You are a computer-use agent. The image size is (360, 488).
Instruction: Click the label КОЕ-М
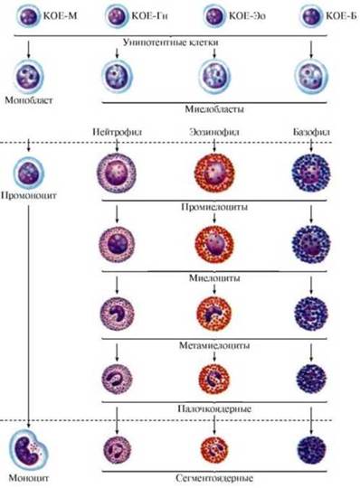click(60, 15)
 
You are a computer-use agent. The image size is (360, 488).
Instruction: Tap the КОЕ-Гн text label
click(149, 15)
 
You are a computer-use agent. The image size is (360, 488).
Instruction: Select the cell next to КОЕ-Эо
click(214, 16)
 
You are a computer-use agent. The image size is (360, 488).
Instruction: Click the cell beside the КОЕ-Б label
click(311, 16)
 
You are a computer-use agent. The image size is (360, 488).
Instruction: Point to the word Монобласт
click(29, 100)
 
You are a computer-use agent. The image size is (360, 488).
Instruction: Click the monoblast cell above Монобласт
click(29, 76)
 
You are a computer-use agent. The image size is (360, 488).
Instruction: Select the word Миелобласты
click(214, 109)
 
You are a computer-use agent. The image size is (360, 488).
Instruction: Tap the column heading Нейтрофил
click(117, 132)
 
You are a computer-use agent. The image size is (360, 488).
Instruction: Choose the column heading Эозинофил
click(214, 132)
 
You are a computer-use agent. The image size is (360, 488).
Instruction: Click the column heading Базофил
click(311, 132)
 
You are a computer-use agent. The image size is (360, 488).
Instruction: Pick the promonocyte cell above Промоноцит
click(28, 173)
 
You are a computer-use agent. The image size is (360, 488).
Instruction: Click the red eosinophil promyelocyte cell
click(214, 173)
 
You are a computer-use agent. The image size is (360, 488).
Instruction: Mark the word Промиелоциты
click(214, 207)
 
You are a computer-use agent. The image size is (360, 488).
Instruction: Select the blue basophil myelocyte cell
click(311, 243)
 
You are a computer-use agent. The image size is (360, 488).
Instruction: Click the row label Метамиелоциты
click(214, 345)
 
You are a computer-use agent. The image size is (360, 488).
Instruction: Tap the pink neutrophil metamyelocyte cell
click(117, 314)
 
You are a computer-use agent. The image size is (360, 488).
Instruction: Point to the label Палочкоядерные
click(214, 408)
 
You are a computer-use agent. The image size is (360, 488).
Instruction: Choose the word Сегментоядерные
click(214, 478)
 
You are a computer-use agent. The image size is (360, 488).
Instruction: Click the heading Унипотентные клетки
click(171, 42)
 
